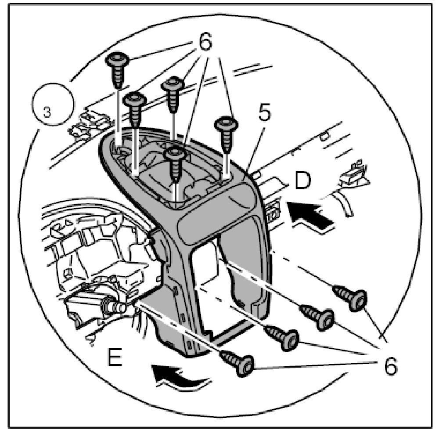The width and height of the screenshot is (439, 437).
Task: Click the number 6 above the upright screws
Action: point(205,43)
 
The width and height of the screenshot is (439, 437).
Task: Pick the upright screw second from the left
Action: point(134,108)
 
